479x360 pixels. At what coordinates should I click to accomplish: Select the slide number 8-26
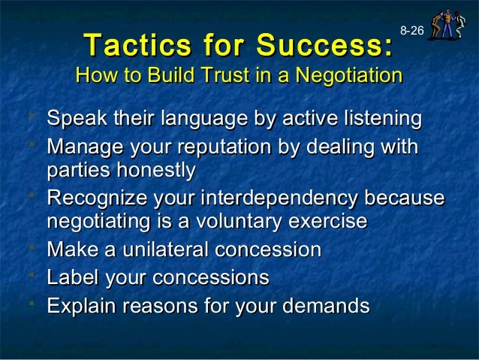click(x=411, y=31)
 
